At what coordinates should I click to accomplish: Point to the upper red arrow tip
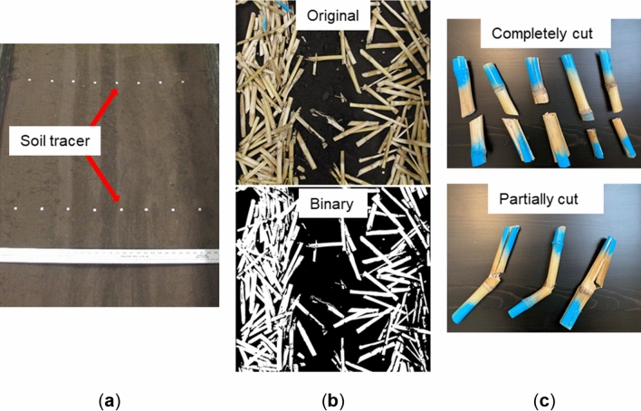click(x=115, y=89)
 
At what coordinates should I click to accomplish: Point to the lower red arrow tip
click(x=118, y=202)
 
